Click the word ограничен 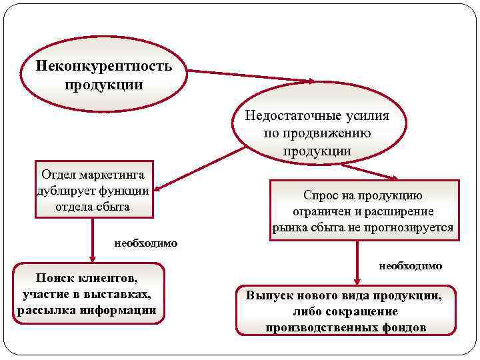point(321,212)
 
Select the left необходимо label point(146,243)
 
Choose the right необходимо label point(411,266)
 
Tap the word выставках point(121,295)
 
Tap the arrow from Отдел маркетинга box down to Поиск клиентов point(93,240)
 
